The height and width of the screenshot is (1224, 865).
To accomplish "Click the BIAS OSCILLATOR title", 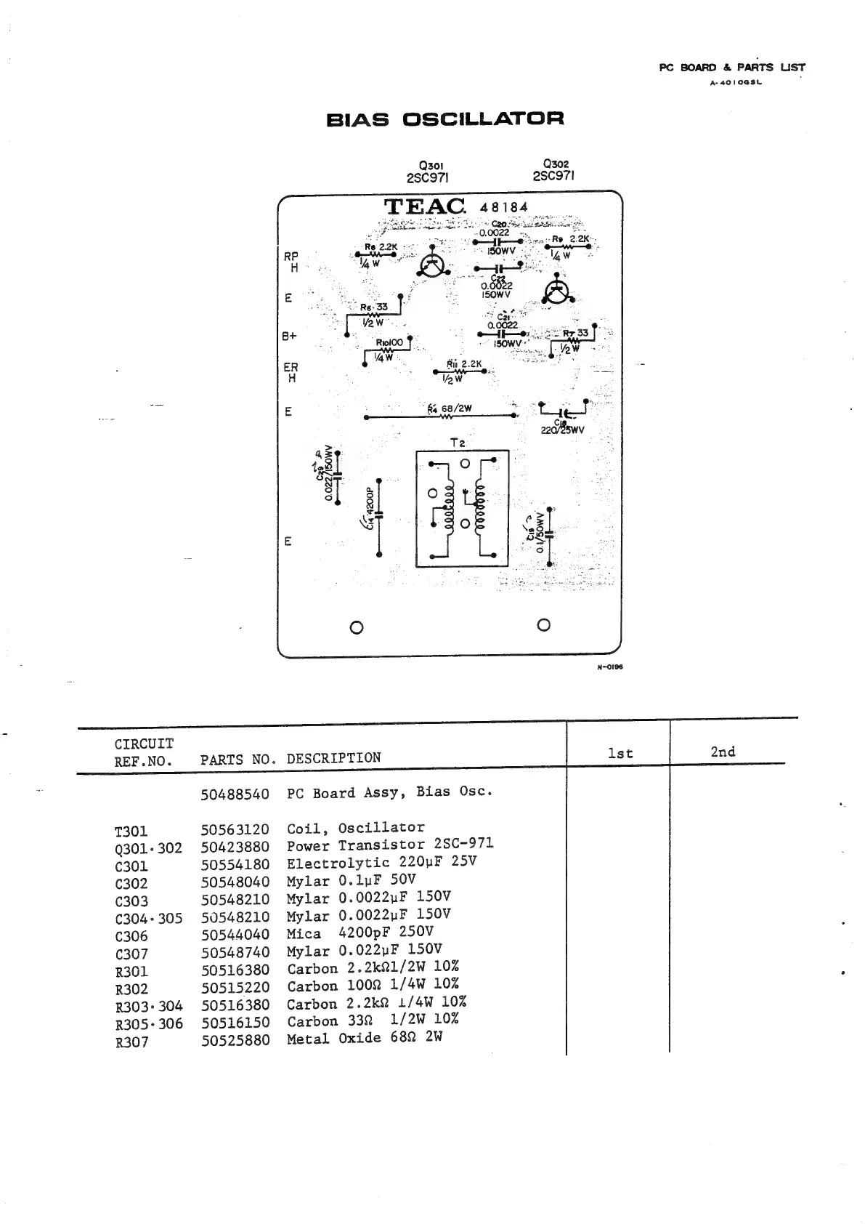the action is (445, 119).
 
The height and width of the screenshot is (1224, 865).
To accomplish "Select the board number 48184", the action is (504, 207).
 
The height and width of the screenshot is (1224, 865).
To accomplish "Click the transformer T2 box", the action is (462, 509).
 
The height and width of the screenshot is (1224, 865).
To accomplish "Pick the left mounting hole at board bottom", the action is (356, 627).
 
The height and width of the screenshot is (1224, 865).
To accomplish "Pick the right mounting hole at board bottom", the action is (543, 625).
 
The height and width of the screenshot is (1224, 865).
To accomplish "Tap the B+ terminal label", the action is (290, 337).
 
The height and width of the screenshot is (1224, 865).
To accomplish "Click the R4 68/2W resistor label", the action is (450, 408).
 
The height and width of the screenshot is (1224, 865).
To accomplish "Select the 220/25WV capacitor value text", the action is (562, 430).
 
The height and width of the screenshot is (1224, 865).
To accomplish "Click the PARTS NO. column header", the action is (238, 760).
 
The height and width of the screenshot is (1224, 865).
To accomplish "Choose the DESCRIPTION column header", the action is (333, 758).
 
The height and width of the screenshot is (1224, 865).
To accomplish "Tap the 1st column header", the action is (620, 754).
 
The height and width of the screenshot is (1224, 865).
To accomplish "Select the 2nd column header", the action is (723, 752).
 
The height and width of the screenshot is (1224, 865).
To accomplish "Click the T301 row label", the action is (131, 831).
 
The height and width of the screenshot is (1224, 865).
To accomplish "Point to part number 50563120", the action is (235, 829).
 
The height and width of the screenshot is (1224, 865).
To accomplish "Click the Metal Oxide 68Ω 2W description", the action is (364, 1038).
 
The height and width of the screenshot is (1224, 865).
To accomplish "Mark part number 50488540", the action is (235, 794).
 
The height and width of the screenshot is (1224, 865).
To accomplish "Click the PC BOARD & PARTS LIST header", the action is (731, 68).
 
